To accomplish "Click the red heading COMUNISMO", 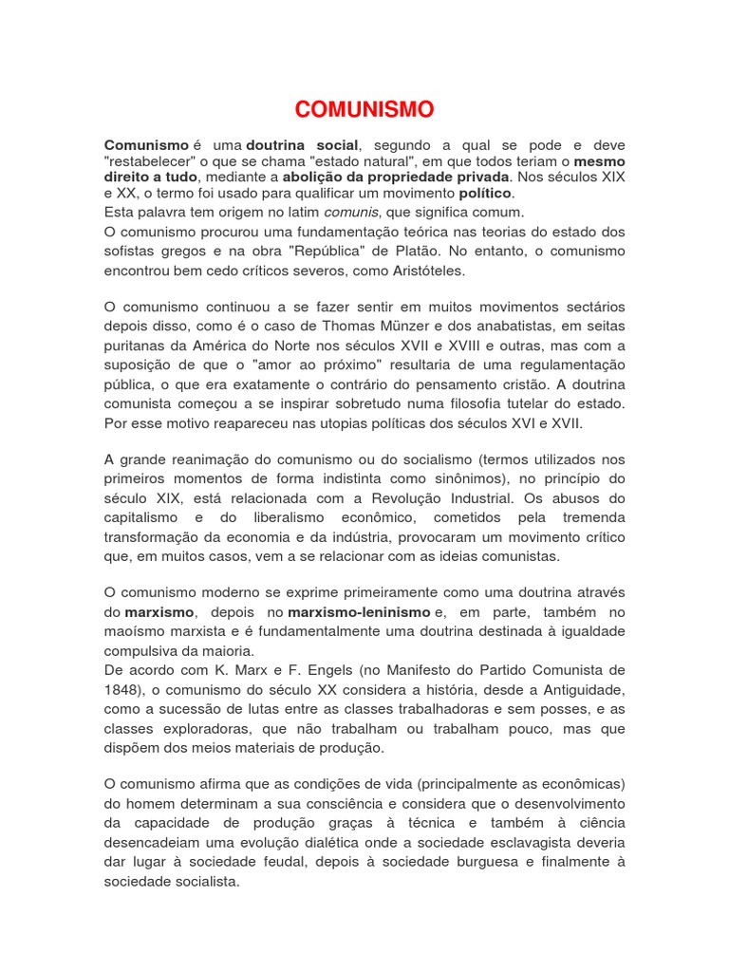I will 364,109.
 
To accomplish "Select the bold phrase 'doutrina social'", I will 303,145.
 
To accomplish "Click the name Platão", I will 447,252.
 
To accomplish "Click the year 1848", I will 121,689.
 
